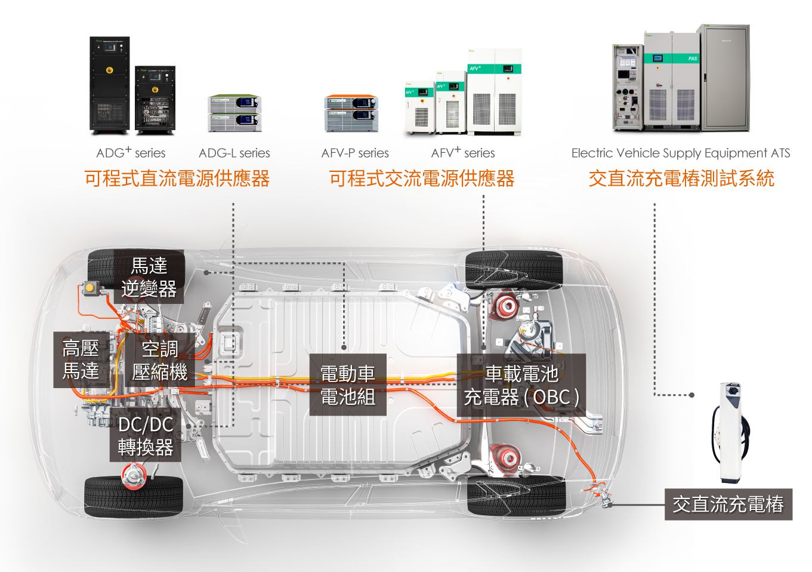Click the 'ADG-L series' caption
click(x=234, y=153)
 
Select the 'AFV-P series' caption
click(x=355, y=153)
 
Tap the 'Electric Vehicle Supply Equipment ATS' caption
click(x=681, y=153)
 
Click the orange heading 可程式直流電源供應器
click(x=177, y=179)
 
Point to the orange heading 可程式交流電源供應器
click(x=422, y=179)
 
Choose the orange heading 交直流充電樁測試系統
click(x=681, y=179)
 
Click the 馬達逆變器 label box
click(x=149, y=277)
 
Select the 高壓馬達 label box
click(x=81, y=360)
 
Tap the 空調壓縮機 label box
click(x=159, y=360)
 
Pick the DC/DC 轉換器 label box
click(x=146, y=435)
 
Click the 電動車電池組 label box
click(x=348, y=385)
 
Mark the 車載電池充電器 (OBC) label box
click(x=521, y=385)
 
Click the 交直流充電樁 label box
click(x=728, y=504)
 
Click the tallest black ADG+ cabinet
click(x=109, y=85)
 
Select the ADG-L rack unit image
click(x=234, y=113)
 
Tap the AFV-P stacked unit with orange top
click(x=351, y=113)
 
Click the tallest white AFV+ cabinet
click(x=494, y=92)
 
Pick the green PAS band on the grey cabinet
click(x=672, y=58)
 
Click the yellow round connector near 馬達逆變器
click(x=89, y=288)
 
